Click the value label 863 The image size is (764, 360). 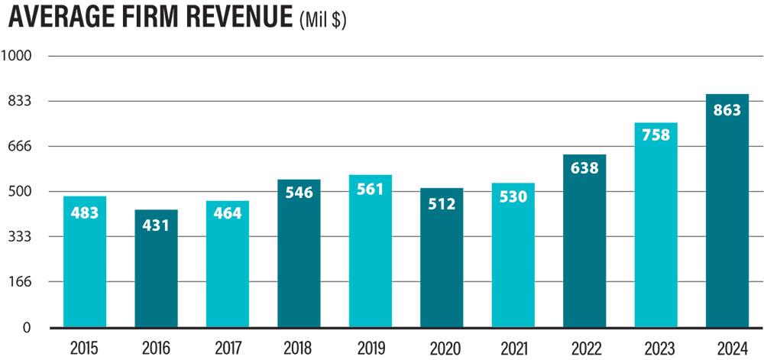pyautogui.click(x=727, y=110)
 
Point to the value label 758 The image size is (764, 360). pyautogui.click(x=656, y=135)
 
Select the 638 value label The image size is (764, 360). pyautogui.click(x=584, y=168)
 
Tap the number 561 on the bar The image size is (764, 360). pyautogui.click(x=371, y=190)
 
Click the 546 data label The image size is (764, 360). pyautogui.click(x=299, y=193)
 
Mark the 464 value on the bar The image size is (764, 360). pyautogui.click(x=228, y=214)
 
